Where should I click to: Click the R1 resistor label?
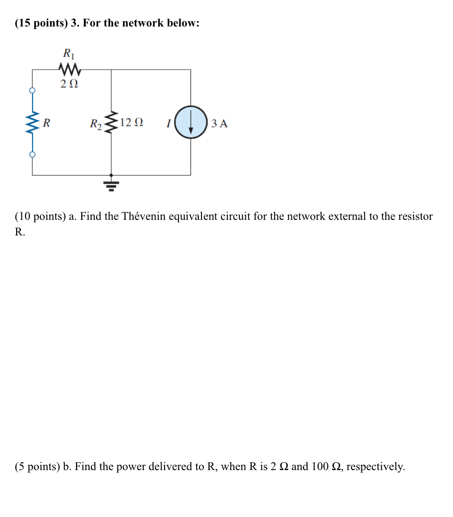69,54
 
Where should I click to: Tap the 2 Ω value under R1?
69,83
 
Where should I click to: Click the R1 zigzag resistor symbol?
69,69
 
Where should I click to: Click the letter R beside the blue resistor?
46,123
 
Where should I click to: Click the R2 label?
96,124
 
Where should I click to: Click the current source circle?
191,122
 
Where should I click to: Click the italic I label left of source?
168,123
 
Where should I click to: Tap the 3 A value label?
219,123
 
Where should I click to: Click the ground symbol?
111,184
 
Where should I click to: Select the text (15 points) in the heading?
41,23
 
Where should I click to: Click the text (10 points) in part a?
40,216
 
